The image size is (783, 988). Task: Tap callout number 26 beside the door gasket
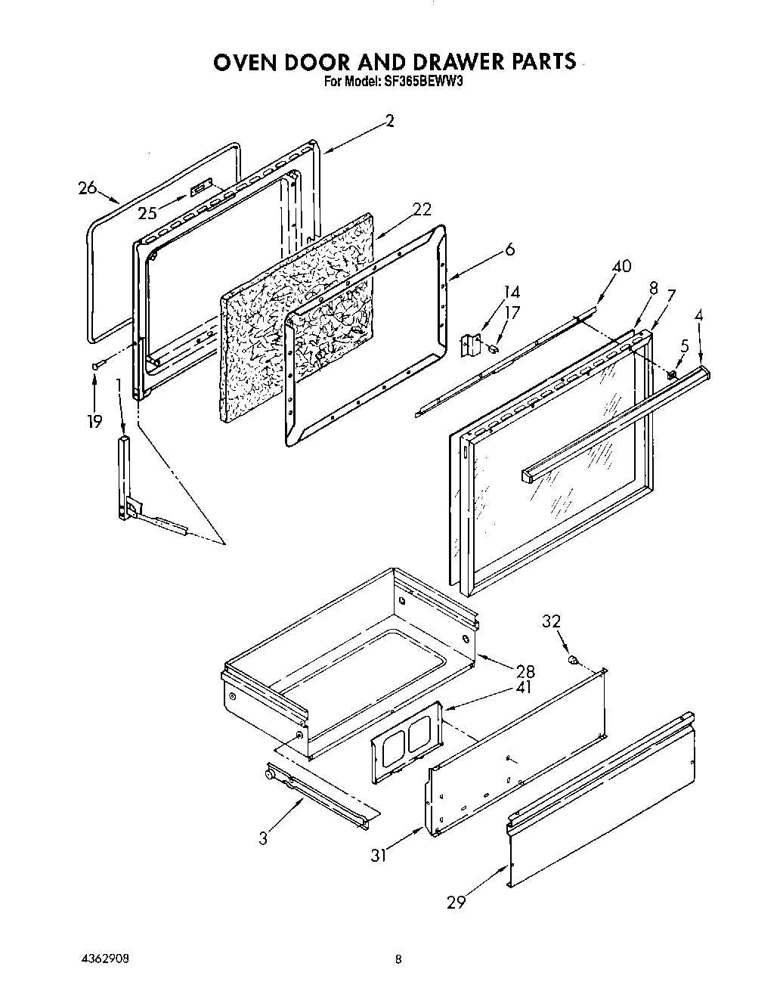pos(88,188)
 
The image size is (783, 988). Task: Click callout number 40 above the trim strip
pos(622,266)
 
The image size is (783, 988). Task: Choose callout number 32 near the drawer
pos(552,621)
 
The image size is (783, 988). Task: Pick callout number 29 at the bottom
pos(456,901)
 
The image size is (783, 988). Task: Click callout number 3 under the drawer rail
pos(263,838)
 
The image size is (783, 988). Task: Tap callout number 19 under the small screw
pos(94,421)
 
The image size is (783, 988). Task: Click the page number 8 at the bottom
pos(398,960)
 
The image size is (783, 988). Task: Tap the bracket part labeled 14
pos(472,345)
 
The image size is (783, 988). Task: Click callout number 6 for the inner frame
pos(509,249)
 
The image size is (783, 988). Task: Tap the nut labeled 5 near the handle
pos(670,374)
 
